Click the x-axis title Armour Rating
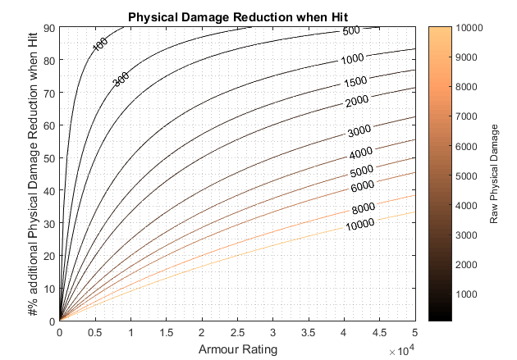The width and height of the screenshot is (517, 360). (x=237, y=349)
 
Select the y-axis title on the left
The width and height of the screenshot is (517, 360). (x=33, y=174)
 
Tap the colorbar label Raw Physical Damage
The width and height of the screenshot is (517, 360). (x=494, y=174)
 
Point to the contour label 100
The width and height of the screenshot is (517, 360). (x=100, y=44)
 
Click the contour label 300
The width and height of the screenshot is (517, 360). (x=121, y=80)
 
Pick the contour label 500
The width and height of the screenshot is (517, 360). (x=352, y=31)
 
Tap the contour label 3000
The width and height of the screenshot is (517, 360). (x=359, y=131)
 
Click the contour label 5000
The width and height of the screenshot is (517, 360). (x=362, y=172)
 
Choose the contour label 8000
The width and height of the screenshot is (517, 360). (x=360, y=207)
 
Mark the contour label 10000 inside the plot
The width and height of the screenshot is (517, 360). (x=359, y=223)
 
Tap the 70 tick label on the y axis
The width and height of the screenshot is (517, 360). (x=48, y=93)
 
